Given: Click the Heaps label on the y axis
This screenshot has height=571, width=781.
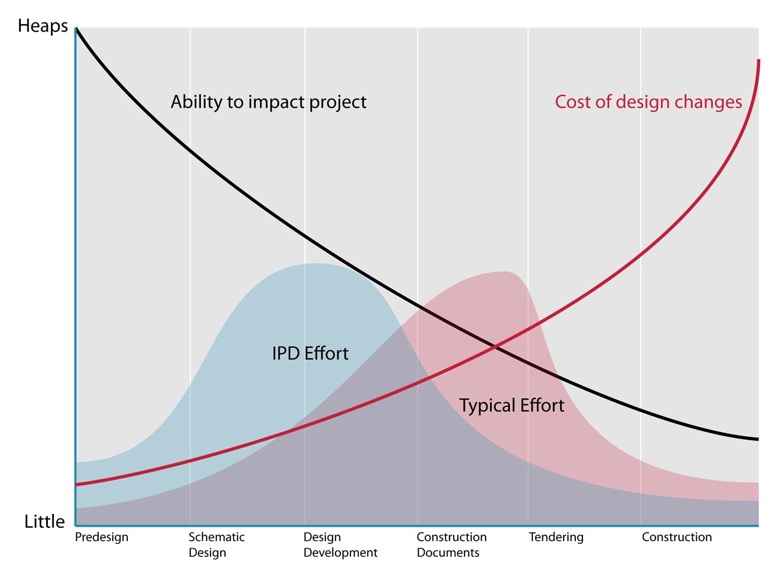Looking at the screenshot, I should (x=43, y=26).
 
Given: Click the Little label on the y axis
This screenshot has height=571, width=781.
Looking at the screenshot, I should (x=45, y=521).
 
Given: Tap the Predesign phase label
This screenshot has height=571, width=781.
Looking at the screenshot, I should (x=101, y=537).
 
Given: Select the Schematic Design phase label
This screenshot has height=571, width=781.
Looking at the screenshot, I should (x=216, y=545).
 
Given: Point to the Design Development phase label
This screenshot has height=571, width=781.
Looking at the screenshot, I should (x=340, y=545).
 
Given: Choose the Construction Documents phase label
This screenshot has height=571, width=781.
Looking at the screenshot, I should (x=452, y=545).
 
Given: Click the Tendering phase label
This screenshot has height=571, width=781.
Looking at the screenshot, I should (x=556, y=537).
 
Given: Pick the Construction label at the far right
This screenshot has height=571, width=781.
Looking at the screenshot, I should (x=677, y=537).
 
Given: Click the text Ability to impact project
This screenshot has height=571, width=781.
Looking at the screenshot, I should (x=269, y=102).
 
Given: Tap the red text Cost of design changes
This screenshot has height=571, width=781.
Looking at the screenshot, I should (x=648, y=102).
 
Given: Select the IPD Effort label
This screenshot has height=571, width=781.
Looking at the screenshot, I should (x=310, y=353).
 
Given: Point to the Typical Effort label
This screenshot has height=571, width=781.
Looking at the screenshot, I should (x=511, y=405).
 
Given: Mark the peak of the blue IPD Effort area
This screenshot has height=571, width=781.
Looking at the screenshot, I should (x=315, y=264).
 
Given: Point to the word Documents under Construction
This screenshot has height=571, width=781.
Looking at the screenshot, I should (x=448, y=553).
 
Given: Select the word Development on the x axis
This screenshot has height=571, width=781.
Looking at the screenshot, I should (x=340, y=553).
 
